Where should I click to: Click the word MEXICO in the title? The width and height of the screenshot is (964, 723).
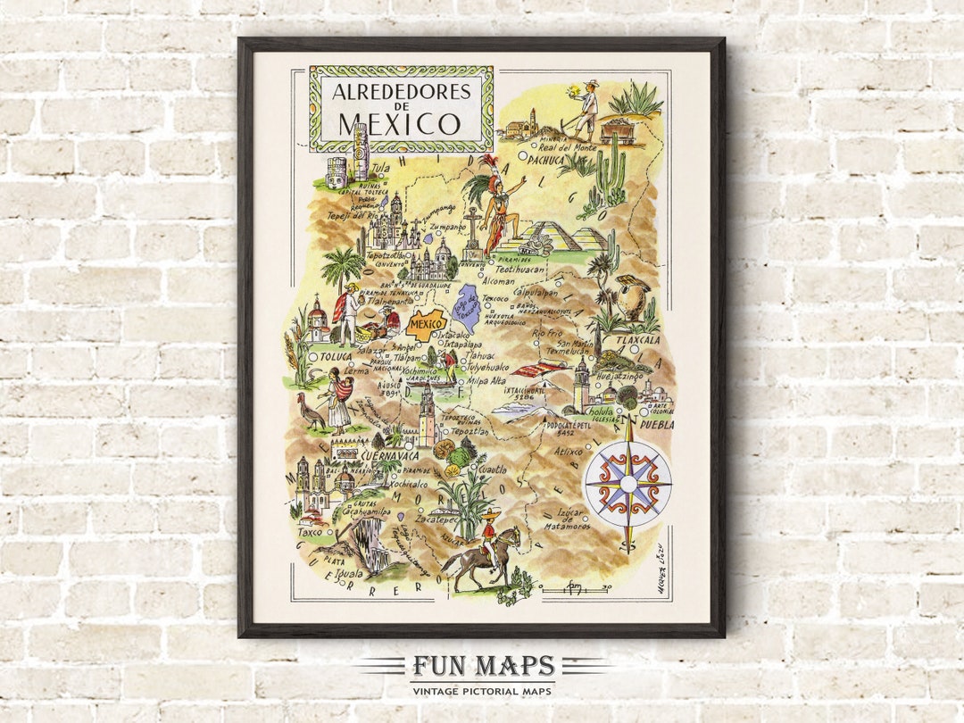pyautogui.click(x=399, y=122)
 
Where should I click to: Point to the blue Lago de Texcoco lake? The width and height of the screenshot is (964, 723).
pyautogui.click(x=467, y=304)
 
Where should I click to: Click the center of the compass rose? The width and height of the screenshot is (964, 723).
pyautogui.click(x=627, y=483)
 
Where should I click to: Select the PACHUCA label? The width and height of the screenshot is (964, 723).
pyautogui.click(x=545, y=161)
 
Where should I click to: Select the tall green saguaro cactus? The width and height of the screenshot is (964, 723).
pyautogui.click(x=611, y=174)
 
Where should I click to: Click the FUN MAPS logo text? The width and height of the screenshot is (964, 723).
pyautogui.click(x=483, y=667)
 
